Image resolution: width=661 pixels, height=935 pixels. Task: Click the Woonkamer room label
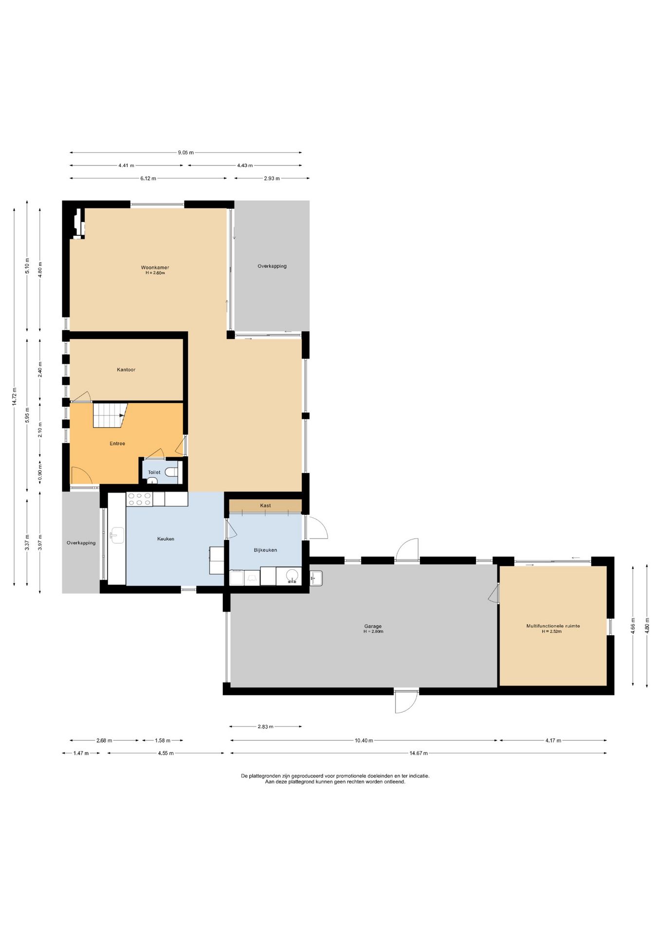tap(155, 267)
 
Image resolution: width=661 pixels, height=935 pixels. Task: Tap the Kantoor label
tap(126, 370)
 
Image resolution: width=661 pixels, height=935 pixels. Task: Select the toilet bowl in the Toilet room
tap(171, 472)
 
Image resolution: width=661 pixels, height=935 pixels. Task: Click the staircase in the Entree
tap(110, 415)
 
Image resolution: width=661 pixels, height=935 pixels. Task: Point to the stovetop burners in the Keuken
tap(139, 499)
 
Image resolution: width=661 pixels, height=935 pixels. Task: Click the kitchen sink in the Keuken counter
tap(117, 535)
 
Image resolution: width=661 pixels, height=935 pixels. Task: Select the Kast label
tap(265, 505)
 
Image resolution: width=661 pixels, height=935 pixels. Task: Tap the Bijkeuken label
tap(265, 550)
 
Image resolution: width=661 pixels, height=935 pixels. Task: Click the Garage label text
tap(373, 626)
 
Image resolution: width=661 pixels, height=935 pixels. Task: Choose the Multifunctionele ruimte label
tap(553, 626)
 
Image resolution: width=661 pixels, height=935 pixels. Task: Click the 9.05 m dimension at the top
tap(185, 152)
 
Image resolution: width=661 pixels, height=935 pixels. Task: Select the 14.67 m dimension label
tap(419, 753)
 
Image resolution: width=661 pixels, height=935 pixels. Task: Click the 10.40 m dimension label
tap(364, 740)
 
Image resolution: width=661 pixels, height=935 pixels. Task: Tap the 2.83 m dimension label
tap(265, 727)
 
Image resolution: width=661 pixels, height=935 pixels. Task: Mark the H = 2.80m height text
tap(373, 632)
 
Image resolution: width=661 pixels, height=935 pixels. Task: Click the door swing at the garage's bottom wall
tap(406, 701)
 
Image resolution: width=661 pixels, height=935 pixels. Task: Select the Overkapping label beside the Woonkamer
tap(272, 266)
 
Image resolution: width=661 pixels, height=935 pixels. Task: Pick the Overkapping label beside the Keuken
tap(81, 542)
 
